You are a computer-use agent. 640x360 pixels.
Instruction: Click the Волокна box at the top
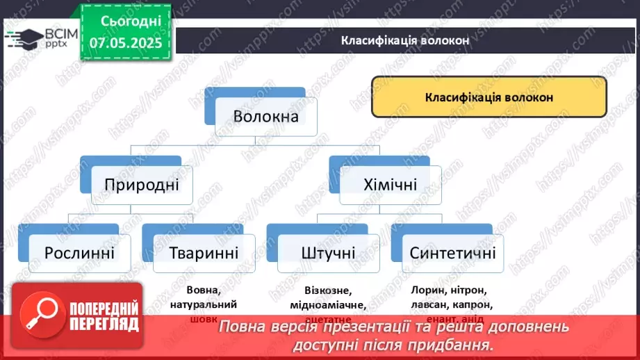coord(266,116)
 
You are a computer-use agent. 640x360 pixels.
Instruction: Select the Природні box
coord(142,185)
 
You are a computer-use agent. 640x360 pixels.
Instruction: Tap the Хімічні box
coord(390,185)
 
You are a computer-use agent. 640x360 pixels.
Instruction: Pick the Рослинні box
coord(79,252)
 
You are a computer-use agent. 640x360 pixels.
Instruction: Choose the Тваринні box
coord(204,252)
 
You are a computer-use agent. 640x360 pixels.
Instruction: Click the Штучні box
coord(328,252)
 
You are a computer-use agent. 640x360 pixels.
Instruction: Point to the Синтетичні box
coord(452,252)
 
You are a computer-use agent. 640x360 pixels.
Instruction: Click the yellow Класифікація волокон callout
coord(489,97)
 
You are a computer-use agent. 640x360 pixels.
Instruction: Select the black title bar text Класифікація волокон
coord(405,40)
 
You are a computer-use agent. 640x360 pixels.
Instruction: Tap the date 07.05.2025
coord(125,43)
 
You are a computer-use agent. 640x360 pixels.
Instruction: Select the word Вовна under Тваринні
coord(203,291)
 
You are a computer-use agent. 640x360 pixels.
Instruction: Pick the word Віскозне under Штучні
coord(328,291)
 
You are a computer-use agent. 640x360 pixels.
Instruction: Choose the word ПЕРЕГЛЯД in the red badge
coord(102,323)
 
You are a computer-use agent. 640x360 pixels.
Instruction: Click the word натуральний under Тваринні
coord(203,304)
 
